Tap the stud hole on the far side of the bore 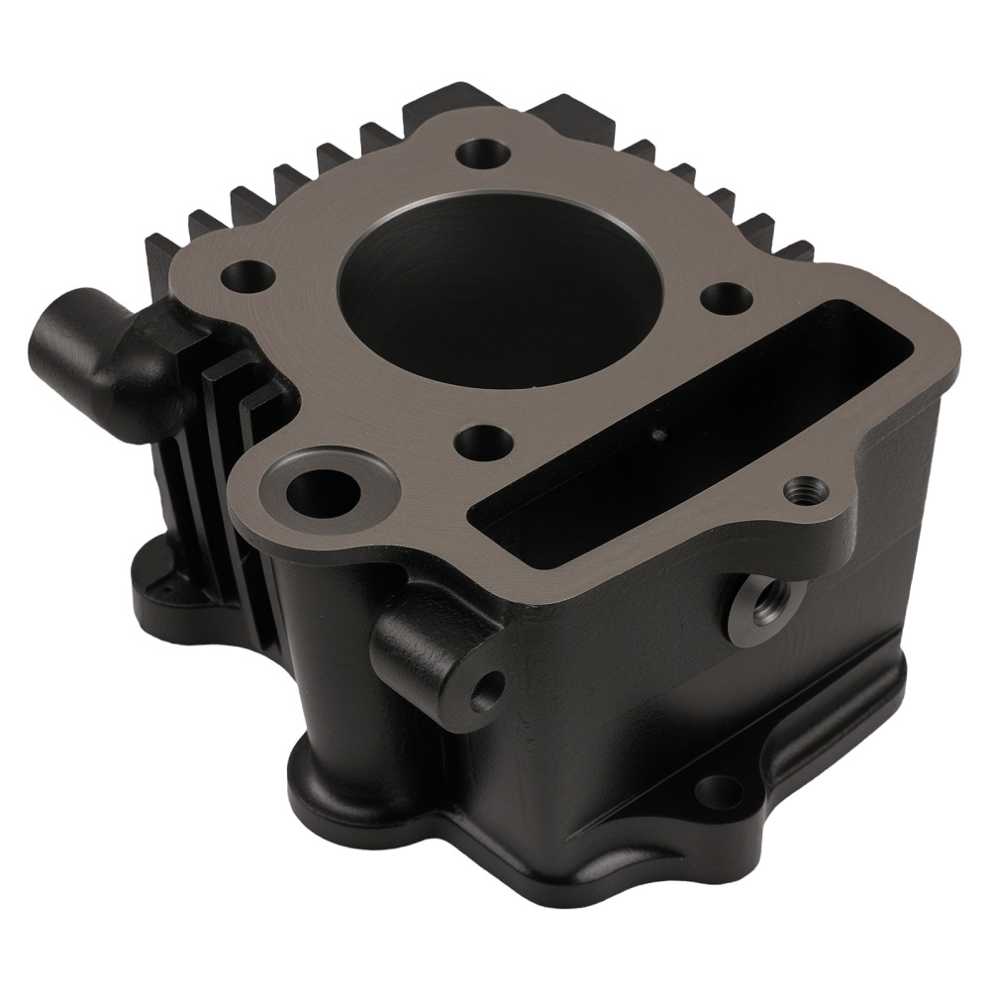coord(483,153)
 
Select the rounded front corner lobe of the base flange coord(327,792)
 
